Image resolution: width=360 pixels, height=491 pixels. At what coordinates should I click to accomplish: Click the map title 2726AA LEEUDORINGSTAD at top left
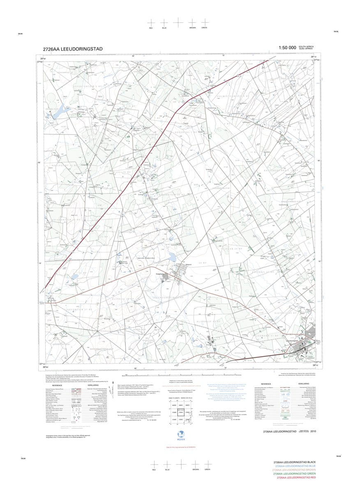tap(73, 49)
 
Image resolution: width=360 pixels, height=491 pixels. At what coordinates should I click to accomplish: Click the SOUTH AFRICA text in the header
tap(306, 47)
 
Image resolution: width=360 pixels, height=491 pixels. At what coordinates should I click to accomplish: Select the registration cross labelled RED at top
tap(151, 23)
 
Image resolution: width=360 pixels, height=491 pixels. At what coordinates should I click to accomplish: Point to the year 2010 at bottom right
tap(314, 431)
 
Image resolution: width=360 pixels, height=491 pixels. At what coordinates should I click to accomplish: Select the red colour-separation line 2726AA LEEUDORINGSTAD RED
tap(296, 478)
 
